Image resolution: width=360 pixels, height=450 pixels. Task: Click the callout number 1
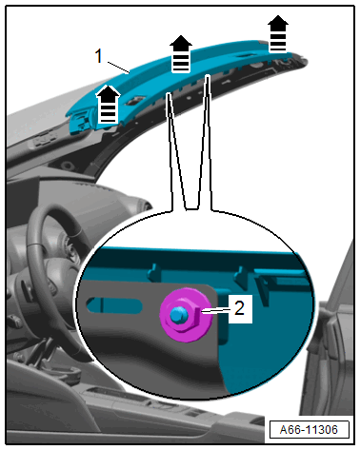99,56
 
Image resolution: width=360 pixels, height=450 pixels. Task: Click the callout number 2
240,308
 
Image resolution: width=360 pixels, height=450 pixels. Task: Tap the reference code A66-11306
309,430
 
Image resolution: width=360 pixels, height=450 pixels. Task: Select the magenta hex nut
186,316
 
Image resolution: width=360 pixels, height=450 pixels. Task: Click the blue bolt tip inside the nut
176,315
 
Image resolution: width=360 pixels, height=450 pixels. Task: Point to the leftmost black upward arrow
108,104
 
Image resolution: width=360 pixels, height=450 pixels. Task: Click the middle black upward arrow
181,53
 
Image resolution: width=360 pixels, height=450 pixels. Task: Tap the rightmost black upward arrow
278,33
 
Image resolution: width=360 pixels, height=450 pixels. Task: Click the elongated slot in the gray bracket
114,305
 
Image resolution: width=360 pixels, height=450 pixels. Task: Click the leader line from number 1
118,68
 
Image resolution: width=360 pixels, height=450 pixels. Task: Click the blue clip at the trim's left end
81,121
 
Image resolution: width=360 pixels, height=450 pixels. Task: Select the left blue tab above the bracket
153,272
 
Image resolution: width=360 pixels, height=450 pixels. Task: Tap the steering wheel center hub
70,250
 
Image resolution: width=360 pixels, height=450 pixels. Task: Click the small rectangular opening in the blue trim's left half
135,101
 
